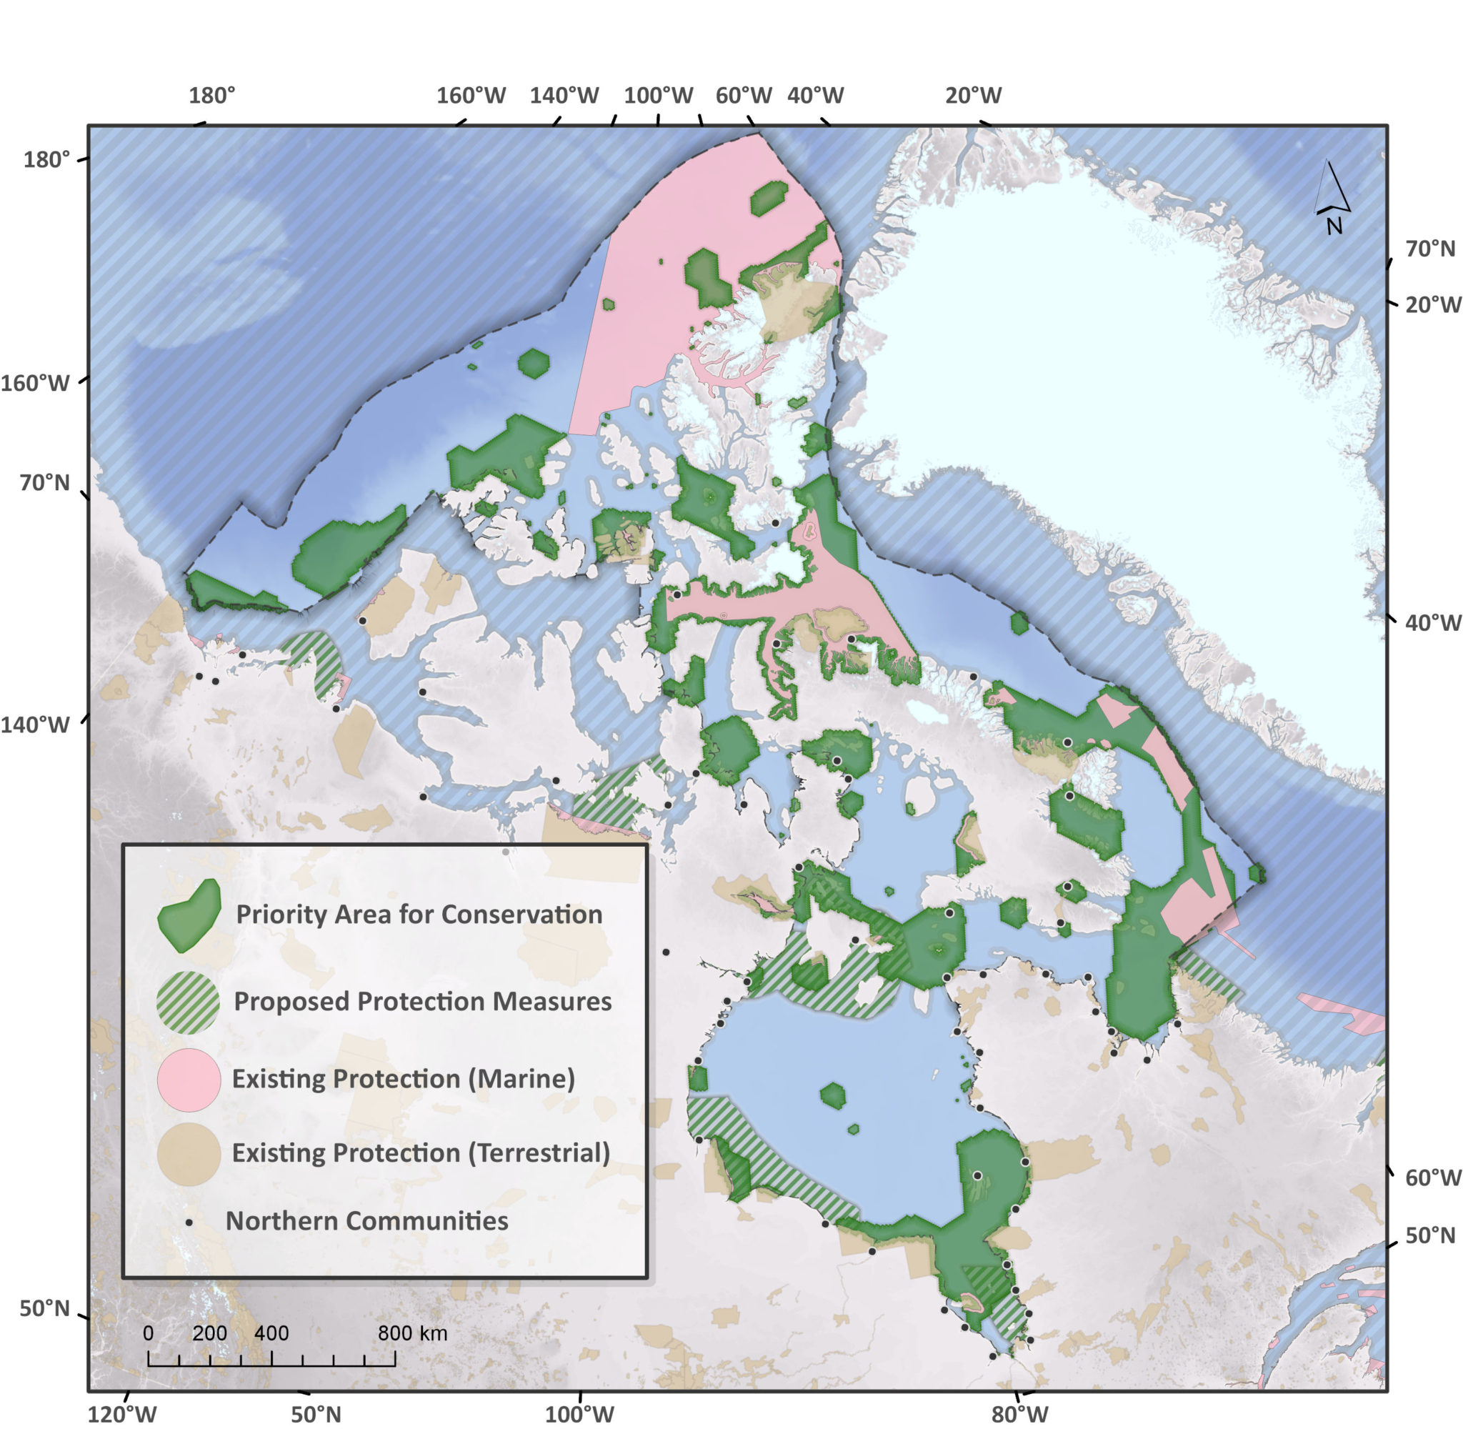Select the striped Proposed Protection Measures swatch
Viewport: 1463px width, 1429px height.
[189, 1002]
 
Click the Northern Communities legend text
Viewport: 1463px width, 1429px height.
[367, 1221]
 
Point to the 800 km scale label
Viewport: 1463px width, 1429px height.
[412, 1333]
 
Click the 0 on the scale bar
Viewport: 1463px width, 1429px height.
[148, 1333]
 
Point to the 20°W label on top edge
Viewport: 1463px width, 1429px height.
[973, 95]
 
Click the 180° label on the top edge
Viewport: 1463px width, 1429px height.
[211, 95]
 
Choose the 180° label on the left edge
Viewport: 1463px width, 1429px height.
[46, 160]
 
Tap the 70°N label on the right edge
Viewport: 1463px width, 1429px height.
[1430, 249]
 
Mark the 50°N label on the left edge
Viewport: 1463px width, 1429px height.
[44, 1309]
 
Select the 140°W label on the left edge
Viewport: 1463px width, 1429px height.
[34, 725]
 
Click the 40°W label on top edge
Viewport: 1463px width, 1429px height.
[816, 95]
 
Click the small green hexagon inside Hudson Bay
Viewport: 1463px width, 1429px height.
[833, 1096]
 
